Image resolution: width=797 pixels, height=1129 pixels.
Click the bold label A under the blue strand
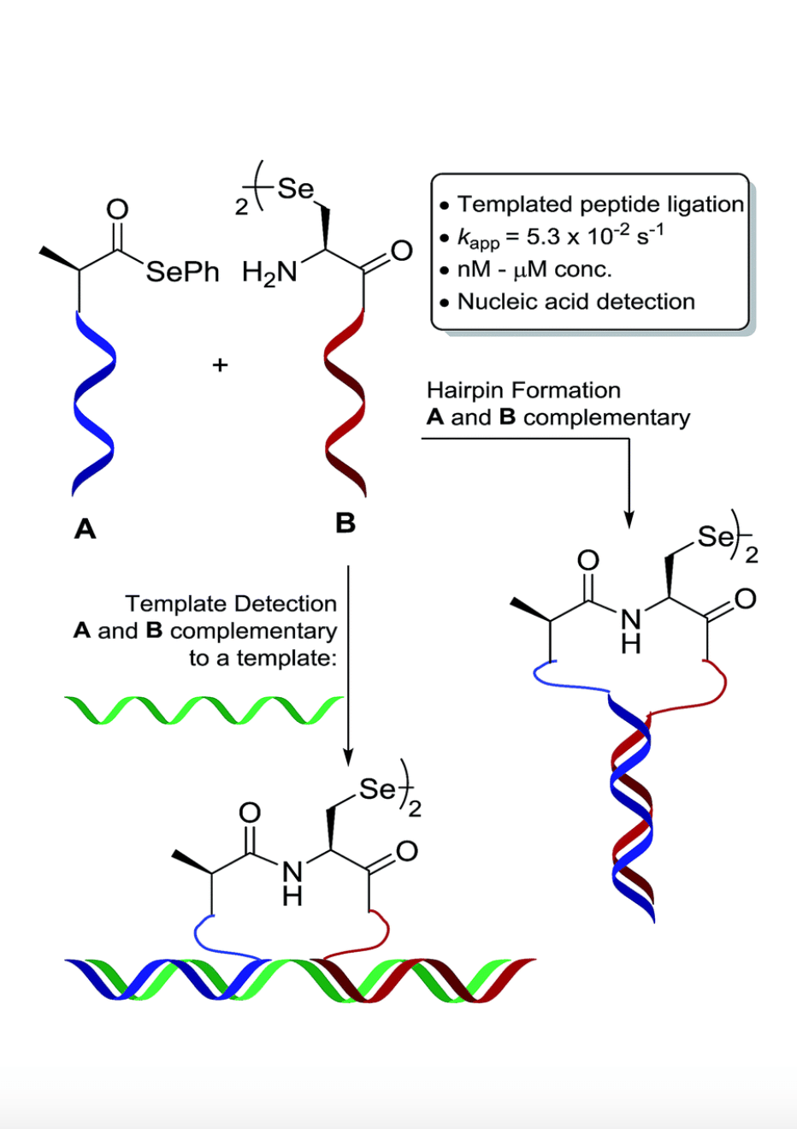pos(86,529)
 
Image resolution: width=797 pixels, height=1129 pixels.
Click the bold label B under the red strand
pos(345,523)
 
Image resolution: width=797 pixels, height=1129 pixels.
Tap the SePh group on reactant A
pos(182,272)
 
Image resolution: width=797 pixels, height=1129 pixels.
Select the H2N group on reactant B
pos(269,273)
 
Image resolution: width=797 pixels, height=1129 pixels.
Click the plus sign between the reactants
pos(220,365)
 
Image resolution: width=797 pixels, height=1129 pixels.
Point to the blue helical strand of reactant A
pos(93,402)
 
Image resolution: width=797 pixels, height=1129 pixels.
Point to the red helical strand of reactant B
pos(345,402)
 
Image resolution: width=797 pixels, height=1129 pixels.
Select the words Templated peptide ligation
pos(600,204)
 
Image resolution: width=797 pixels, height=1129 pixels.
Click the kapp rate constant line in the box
pos(560,237)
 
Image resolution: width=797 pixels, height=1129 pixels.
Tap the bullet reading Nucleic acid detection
pos(576,302)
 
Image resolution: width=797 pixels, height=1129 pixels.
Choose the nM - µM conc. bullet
pos(534,269)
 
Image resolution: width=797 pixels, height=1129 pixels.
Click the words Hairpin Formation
pos(523,391)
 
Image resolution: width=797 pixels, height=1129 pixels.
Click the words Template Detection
pos(231,604)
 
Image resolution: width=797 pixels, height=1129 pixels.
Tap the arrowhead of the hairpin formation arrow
pos(629,519)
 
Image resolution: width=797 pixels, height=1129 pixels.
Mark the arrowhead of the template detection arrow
pos(348,756)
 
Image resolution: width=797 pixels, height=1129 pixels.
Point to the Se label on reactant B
pos(295,188)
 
